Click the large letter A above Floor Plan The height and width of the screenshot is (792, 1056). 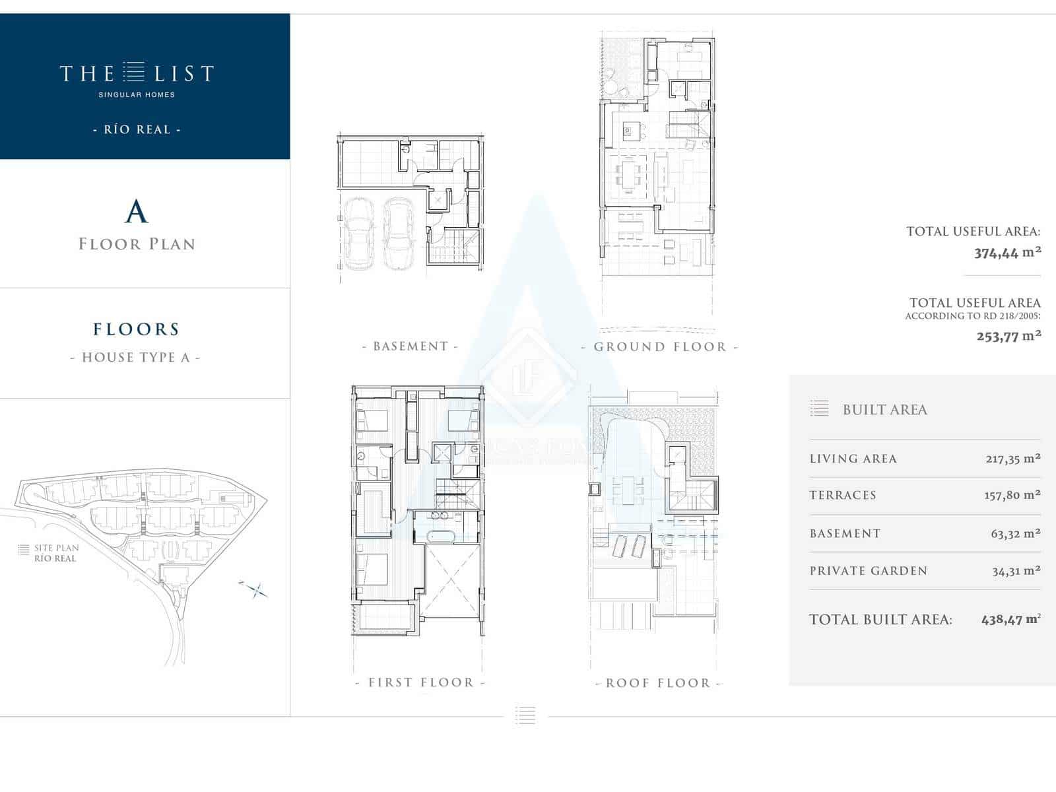[136, 212]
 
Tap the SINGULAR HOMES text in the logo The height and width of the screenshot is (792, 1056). [137, 95]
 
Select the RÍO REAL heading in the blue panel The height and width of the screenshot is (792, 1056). [137, 129]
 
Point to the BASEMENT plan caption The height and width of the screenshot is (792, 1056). [411, 346]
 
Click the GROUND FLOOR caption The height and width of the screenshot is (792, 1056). [659, 346]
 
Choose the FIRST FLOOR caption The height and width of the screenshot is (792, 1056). [420, 682]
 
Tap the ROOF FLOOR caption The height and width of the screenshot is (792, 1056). [658, 683]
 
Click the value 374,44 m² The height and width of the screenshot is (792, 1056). [1008, 253]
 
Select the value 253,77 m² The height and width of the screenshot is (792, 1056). [1009, 336]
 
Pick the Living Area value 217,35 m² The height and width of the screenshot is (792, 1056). [1013, 458]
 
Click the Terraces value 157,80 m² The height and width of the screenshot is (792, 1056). [1012, 495]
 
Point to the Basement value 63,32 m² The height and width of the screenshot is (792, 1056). [1016, 533]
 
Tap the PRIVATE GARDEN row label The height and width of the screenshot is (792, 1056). [869, 571]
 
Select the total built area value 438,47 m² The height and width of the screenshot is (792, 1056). [1010, 619]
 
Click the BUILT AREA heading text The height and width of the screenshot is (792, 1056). [885, 410]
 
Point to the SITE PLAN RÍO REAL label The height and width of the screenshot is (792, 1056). [56, 553]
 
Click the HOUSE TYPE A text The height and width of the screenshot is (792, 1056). [136, 357]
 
